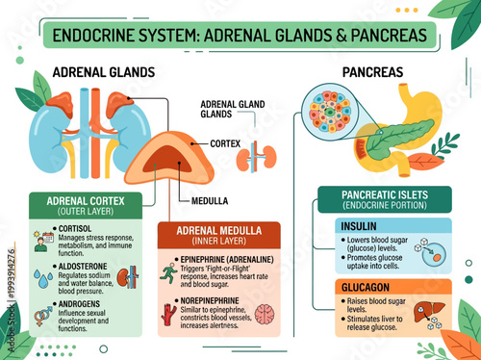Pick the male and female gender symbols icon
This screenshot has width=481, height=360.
pyautogui.click(x=43, y=315)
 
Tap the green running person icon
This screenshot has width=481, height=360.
pyautogui.click(x=169, y=271)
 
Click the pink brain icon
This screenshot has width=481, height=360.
pyautogui.click(x=264, y=315)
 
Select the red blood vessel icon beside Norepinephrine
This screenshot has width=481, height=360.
pyautogui.click(x=169, y=315)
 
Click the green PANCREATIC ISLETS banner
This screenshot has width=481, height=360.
pyautogui.click(x=384, y=200)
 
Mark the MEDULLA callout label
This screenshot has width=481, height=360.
pyautogui.click(x=211, y=201)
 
